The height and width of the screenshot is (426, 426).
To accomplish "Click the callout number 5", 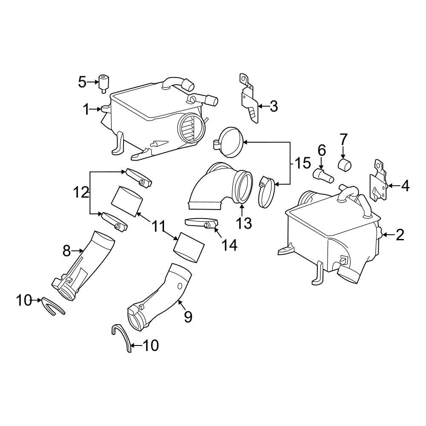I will [82, 81].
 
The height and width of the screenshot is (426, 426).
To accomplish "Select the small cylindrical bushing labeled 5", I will [104, 81].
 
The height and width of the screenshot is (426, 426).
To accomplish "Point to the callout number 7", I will [343, 139].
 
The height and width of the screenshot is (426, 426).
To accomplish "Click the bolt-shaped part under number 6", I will [323, 175].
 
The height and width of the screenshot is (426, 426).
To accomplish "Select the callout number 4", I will [405, 186].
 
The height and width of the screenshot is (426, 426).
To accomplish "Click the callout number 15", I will [303, 163].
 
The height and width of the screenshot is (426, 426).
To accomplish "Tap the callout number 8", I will [66, 251].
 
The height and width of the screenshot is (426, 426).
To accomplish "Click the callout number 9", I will [188, 317].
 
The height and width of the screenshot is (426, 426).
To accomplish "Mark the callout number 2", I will [400, 235].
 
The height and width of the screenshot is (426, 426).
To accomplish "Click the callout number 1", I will [86, 109].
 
